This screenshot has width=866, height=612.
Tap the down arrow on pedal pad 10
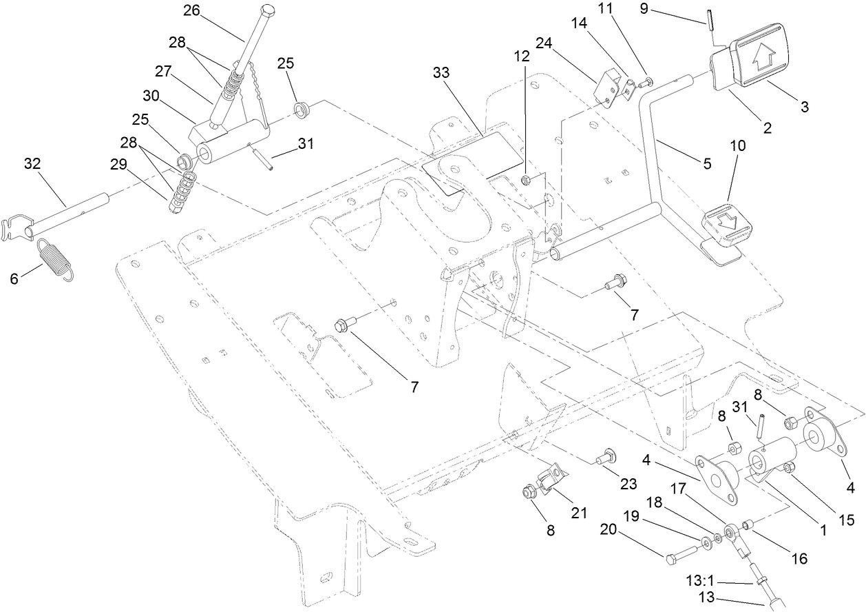727,220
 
